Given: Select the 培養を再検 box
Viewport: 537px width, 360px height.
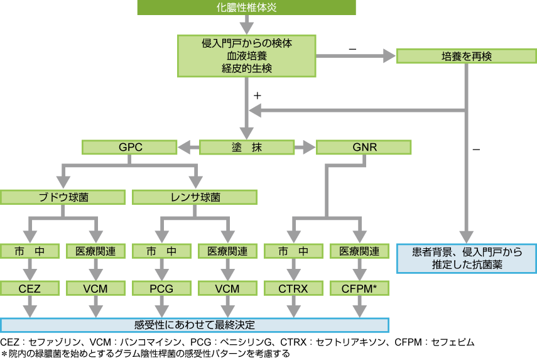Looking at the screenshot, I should click(x=467, y=57).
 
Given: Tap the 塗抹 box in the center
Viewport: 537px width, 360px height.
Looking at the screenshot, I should click(x=247, y=148).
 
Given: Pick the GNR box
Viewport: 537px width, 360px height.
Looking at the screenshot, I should click(x=364, y=148).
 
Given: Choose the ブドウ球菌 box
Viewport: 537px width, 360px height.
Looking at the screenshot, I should click(x=63, y=197).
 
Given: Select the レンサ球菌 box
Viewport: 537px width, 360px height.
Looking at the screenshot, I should click(x=195, y=197).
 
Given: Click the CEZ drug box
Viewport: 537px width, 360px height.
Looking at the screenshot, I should click(x=30, y=288).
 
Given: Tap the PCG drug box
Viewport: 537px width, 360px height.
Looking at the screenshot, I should click(x=161, y=288).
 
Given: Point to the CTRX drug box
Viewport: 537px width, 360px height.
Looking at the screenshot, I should click(x=293, y=288).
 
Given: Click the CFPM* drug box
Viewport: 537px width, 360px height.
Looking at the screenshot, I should click(x=359, y=288).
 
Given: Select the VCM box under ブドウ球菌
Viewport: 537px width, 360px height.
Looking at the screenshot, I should click(x=95, y=288).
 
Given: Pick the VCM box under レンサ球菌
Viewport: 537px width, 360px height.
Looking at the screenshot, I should click(x=227, y=288).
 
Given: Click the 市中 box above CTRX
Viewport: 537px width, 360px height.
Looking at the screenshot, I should click(x=293, y=251).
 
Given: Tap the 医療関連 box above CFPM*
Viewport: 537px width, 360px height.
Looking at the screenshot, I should click(x=359, y=251).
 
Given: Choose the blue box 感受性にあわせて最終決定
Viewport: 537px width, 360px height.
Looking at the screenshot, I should click(x=195, y=325).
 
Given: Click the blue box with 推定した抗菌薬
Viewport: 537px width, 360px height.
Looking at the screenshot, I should click(x=467, y=258).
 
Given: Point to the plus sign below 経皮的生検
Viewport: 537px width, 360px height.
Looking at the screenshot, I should click(x=257, y=95).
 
